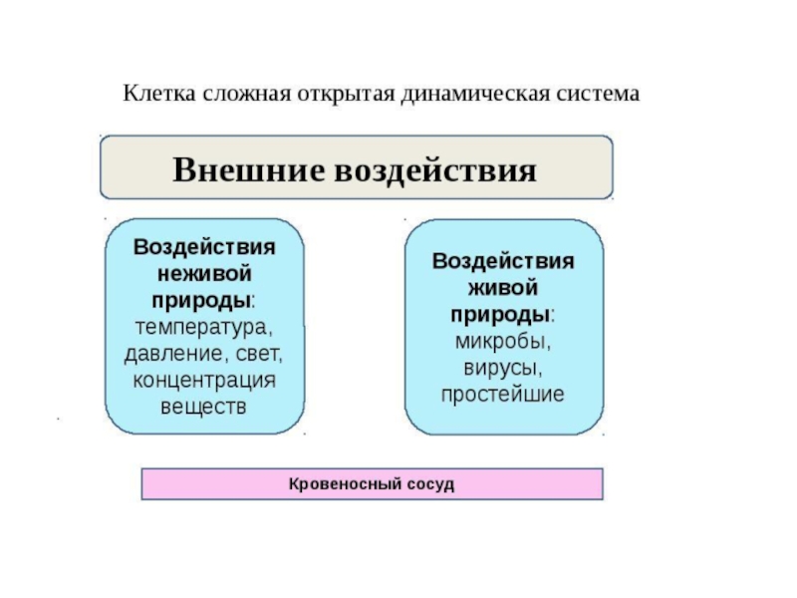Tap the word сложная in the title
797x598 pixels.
pos(244,95)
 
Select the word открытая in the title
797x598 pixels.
pos(345,95)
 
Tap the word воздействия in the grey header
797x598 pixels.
pos(434,168)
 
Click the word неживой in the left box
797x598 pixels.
pos(204,272)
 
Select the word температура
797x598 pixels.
pos(203,326)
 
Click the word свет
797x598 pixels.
pos(260,353)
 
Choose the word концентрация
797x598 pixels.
pos(203,380)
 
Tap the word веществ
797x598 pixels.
pos(203,407)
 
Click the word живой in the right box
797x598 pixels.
pos(503,287)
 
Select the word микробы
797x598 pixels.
pos(503,341)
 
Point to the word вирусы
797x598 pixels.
pos(503,368)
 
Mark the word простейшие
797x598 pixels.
pos(503,395)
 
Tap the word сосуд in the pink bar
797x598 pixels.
pos(431,483)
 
